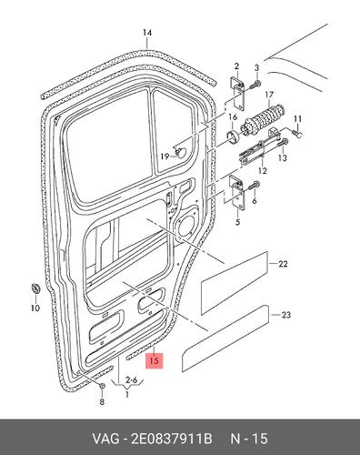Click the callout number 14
tap(147, 33)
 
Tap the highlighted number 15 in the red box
tap(155, 360)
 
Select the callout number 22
tap(283, 264)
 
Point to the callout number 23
tap(286, 315)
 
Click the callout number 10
tap(35, 308)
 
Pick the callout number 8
tap(102, 402)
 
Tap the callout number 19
tap(165, 157)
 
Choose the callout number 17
tap(269, 96)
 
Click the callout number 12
tap(263, 171)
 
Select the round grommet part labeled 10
tap(36, 288)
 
